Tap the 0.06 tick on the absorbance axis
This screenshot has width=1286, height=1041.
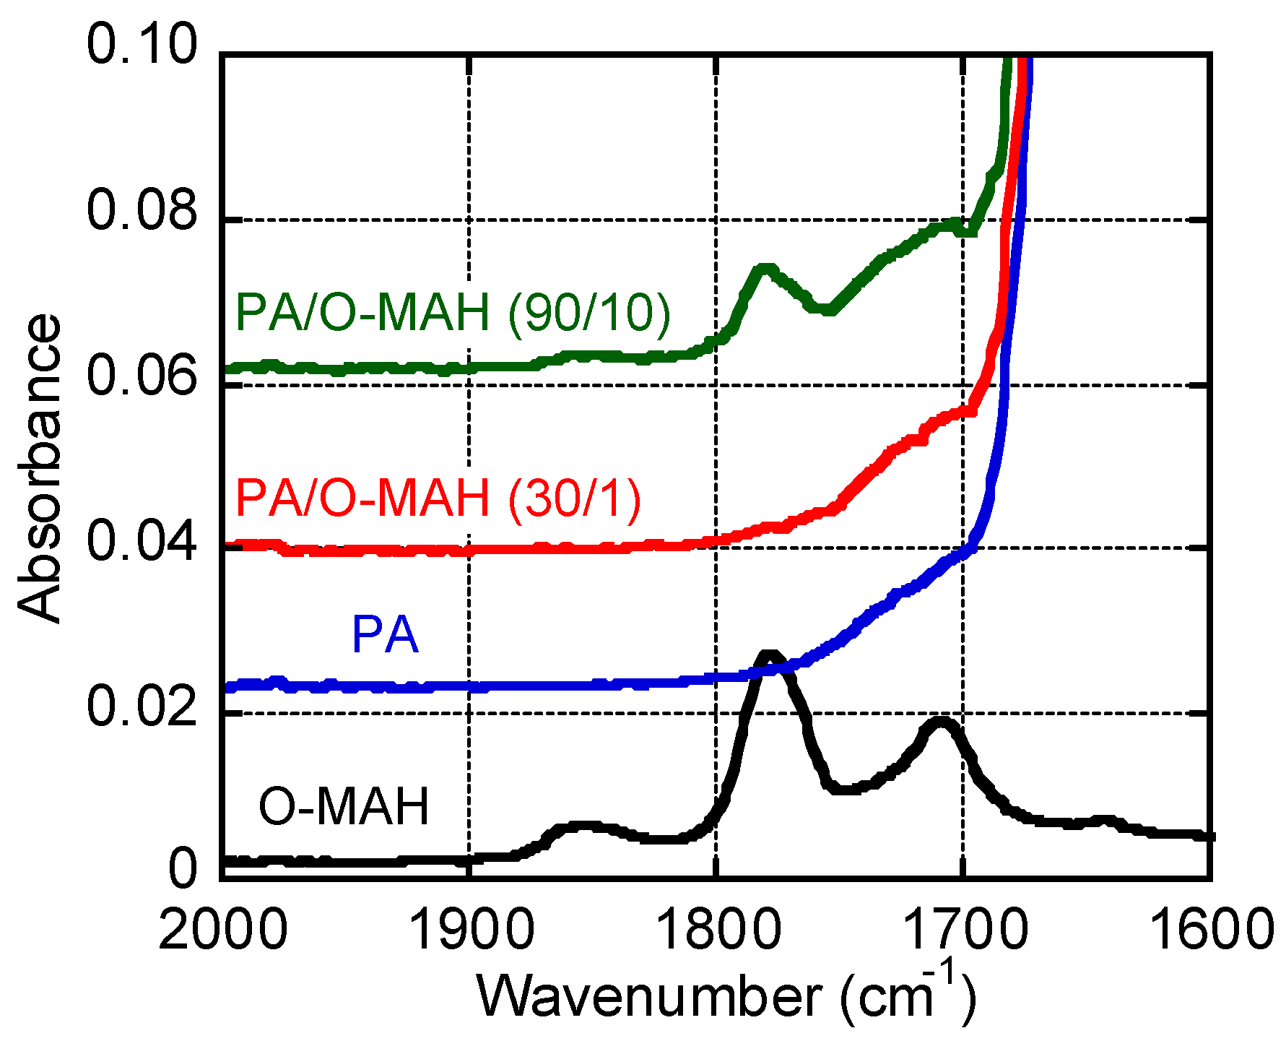pos(142,376)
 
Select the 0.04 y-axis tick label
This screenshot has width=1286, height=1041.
pos(142,542)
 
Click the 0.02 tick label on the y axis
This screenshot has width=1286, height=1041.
pos(142,707)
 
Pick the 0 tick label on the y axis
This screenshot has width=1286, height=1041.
pos(182,869)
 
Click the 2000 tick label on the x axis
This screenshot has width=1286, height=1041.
pos(223,930)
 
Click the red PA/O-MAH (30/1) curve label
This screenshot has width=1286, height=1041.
pos(438,498)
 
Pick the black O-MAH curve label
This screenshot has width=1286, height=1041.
pos(344,807)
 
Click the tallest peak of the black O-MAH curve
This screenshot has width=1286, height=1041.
pos(770,655)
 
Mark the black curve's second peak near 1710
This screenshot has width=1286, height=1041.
pos(940,722)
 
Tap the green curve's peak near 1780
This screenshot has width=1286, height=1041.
pos(765,269)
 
